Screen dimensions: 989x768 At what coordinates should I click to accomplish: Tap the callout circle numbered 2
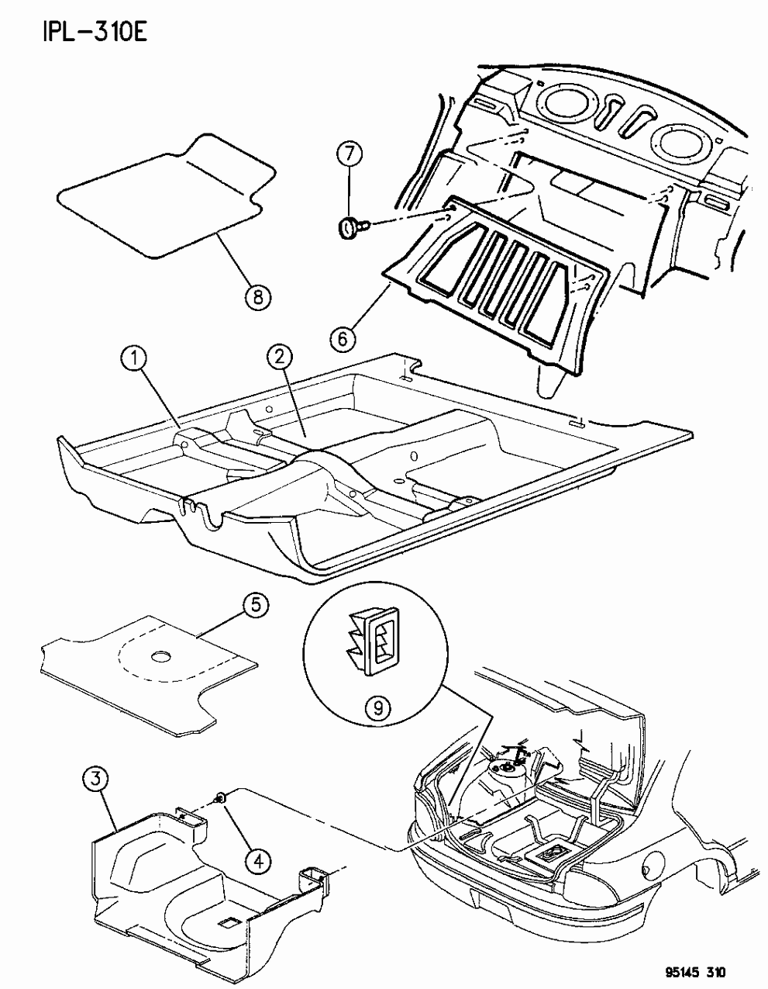coord(279,358)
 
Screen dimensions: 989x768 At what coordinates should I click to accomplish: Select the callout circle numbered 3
coord(95,779)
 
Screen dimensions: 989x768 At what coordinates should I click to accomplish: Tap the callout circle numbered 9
coord(374,707)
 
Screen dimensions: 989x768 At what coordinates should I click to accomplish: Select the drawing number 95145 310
coord(695,970)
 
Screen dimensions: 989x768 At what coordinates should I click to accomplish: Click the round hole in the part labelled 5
coord(162,657)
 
